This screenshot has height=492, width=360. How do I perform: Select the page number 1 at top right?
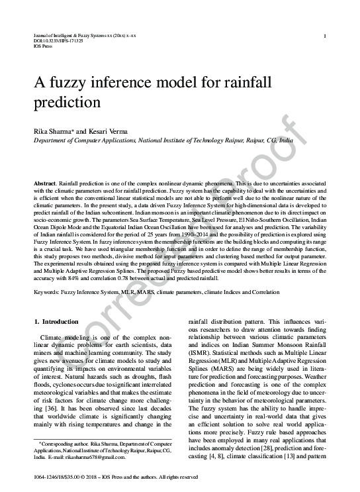pos(324,36)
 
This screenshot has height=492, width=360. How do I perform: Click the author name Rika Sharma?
pos(53,131)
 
